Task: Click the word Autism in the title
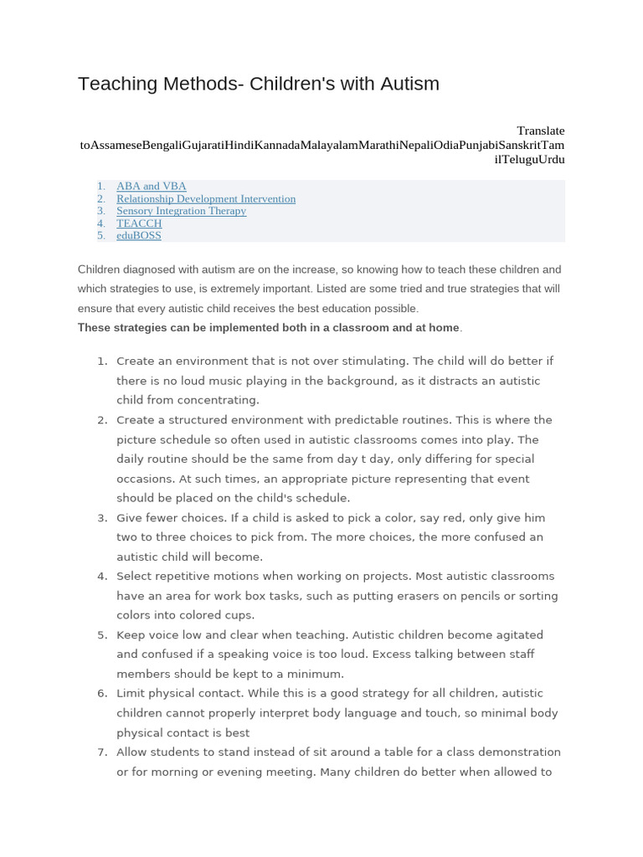pos(407,84)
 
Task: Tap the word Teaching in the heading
pos(117,84)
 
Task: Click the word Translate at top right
pos(540,131)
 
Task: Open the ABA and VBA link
pos(152,186)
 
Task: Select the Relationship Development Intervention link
pos(206,198)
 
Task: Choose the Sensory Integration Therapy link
pos(181,211)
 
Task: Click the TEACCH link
pos(139,223)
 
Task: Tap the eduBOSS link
pos(139,235)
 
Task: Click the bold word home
pos(445,327)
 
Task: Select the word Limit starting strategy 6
pos(132,693)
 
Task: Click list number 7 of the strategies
pos(102,752)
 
